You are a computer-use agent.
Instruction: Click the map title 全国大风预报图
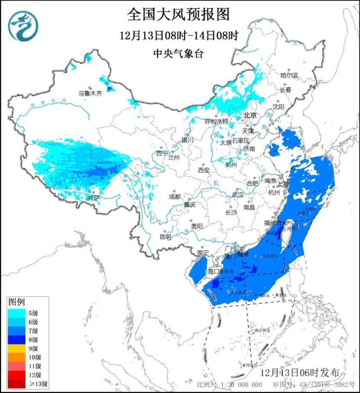[x=178, y=15]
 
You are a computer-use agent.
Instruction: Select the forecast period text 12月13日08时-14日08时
[x=179, y=35]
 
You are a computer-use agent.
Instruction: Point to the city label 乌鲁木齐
[x=90, y=93]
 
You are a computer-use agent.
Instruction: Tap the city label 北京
[x=250, y=115]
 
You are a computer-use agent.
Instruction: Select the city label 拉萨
[x=94, y=198]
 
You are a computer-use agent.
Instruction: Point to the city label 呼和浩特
[x=217, y=122]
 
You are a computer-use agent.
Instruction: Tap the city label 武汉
[x=238, y=195]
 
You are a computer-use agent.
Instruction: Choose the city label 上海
[x=283, y=183]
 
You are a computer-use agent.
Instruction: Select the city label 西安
[x=204, y=170]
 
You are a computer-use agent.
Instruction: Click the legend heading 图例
[x=17, y=301]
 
